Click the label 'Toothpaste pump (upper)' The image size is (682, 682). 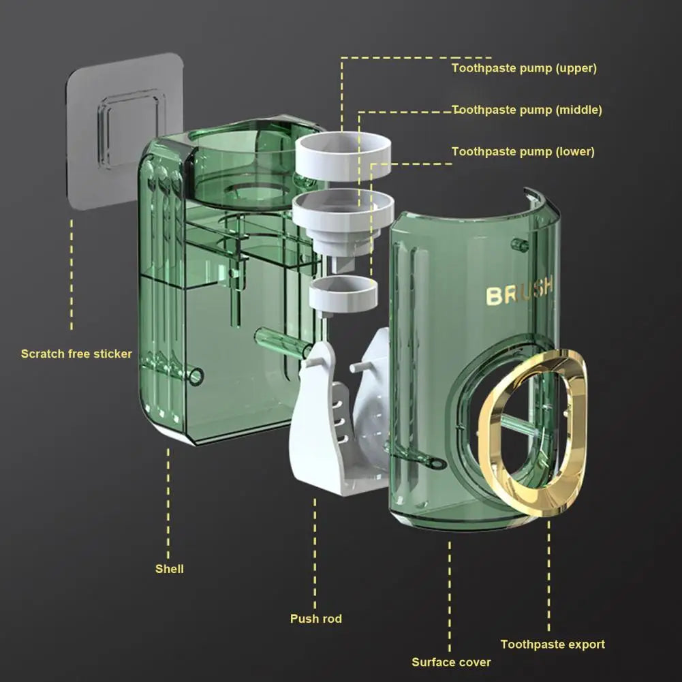pos(524,68)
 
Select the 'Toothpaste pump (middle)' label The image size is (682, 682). pos(527,110)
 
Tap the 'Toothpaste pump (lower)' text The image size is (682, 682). pos(523,151)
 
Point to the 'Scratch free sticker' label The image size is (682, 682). pos(76,354)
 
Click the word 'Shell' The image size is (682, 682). pos(170,568)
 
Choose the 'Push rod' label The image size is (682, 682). pos(316,619)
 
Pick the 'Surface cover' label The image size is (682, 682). pos(451,662)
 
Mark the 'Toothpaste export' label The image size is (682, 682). pos(553,644)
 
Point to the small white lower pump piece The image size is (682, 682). pos(343,295)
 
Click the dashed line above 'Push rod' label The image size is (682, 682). pos(315,552)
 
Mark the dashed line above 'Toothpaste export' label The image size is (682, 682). pos(548,579)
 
